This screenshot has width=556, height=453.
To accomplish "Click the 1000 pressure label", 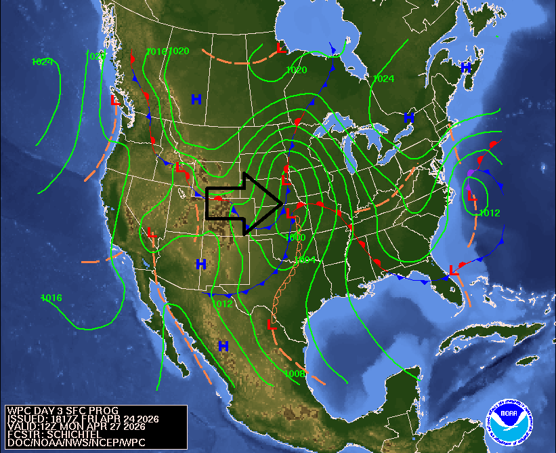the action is [295, 238].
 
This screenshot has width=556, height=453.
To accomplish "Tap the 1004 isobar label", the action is [306, 260].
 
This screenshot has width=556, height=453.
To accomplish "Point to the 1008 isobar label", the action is [295, 374].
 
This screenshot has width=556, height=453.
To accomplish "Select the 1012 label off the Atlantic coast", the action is [489, 213].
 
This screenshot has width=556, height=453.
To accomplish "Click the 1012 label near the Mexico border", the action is [222, 304].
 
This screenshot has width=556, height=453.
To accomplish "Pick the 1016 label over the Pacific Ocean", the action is [51, 298].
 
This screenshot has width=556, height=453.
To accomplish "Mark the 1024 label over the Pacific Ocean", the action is [42, 62].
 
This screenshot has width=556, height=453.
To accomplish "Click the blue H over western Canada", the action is [196, 100].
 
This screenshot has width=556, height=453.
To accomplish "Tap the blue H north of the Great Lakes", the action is [409, 117].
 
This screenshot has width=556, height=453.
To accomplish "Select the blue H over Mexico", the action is [223, 346].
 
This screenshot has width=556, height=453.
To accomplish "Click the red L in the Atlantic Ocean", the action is [471, 195].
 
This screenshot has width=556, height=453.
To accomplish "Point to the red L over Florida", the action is [453, 271].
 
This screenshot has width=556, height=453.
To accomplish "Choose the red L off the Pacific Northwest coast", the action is [115, 100].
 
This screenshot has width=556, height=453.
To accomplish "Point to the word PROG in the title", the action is [106, 411].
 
